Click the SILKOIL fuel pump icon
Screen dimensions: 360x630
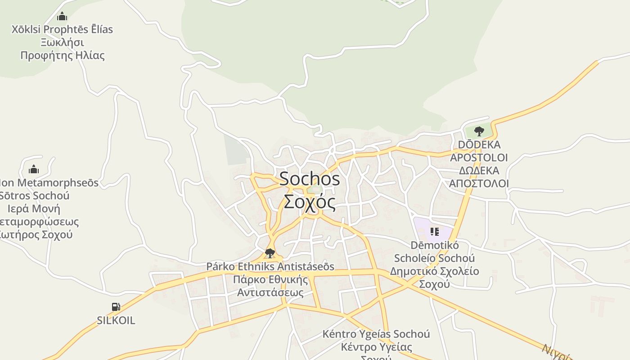(116, 307)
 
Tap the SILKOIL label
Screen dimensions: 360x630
(116, 320)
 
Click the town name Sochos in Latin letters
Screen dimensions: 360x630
(310, 179)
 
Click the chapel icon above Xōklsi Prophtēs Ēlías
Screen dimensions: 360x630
(62, 17)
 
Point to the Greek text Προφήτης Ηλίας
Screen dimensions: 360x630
(63, 55)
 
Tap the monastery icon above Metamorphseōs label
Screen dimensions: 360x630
(34, 170)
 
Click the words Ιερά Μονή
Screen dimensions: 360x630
(34, 209)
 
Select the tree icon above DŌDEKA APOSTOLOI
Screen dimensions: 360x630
(479, 131)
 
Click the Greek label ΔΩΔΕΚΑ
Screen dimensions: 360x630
(479, 171)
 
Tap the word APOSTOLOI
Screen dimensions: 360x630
(479, 157)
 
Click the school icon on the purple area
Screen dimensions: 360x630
(434, 232)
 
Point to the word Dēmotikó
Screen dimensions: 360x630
(435, 245)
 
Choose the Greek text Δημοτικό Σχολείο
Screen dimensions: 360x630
(434, 271)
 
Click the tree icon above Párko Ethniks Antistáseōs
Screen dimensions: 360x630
(270, 253)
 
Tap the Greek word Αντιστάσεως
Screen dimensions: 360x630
(270, 292)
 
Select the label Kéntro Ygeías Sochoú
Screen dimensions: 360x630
(376, 334)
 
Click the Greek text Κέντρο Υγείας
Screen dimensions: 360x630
(376, 347)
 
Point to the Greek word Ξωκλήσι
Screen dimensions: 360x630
(63, 42)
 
